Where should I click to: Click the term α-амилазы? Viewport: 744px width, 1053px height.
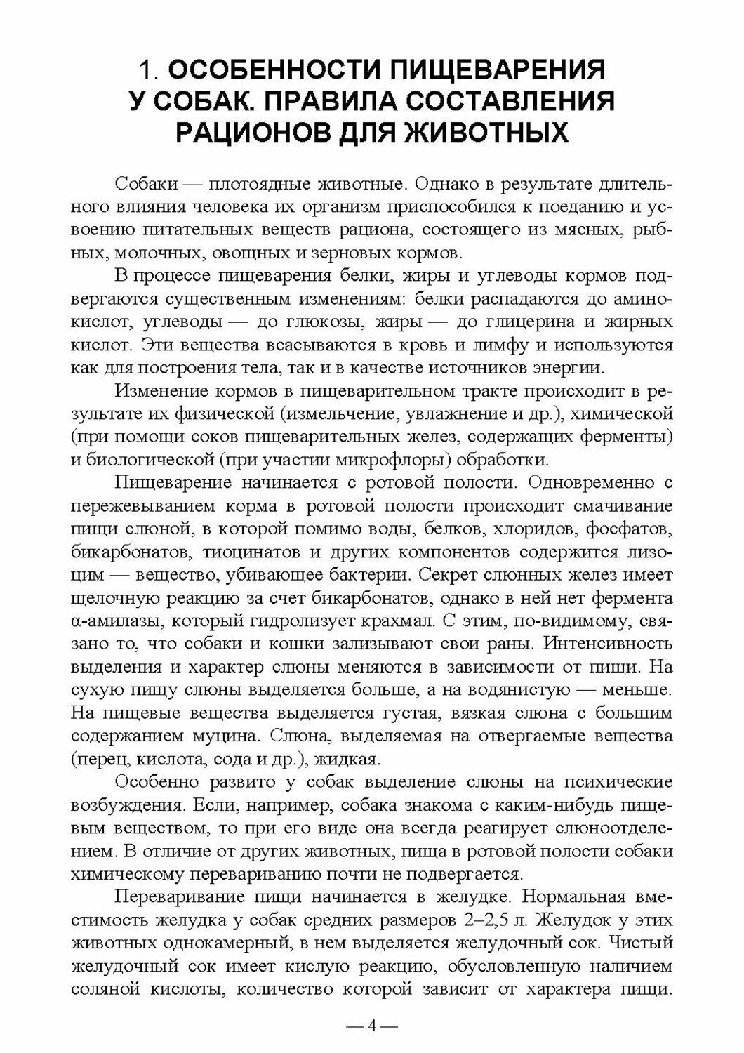pos(114,621)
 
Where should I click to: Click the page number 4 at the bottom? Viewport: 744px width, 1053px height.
pos(372,1026)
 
